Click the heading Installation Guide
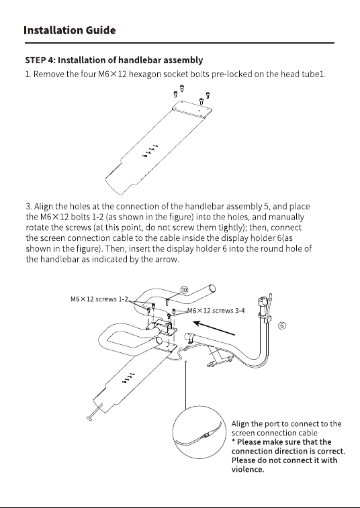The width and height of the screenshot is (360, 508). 70,30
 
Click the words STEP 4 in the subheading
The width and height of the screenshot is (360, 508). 38,60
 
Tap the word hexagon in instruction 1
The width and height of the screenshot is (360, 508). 145,74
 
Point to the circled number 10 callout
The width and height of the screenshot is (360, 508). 184,290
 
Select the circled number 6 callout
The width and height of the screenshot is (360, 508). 282,325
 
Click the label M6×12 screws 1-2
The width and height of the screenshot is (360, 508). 99,299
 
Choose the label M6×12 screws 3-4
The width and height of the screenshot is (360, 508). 216,311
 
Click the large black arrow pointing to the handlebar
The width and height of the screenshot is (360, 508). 214,328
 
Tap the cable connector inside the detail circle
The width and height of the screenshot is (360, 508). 206,435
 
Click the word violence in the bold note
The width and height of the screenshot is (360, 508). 247,470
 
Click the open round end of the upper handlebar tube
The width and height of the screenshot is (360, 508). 212,288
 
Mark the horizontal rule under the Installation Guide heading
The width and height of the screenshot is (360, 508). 180,43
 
